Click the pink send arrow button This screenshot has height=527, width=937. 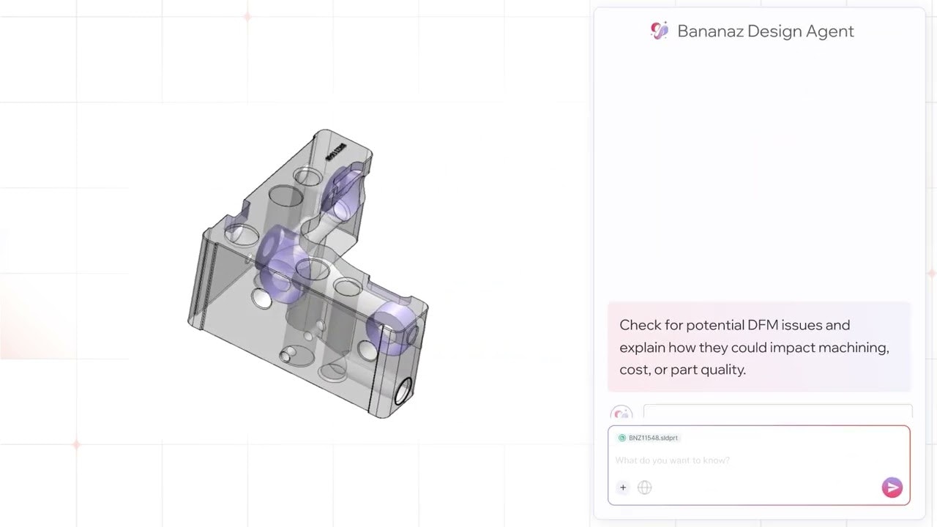pyautogui.click(x=892, y=487)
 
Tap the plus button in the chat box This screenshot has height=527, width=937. pyautogui.click(x=623, y=487)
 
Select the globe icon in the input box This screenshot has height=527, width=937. pyautogui.click(x=644, y=487)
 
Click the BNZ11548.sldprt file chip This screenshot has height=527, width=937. pyautogui.click(x=649, y=438)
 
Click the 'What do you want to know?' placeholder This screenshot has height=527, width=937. pyautogui.click(x=672, y=460)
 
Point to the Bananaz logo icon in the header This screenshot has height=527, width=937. pyautogui.click(x=660, y=31)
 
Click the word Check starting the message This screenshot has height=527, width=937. pyautogui.click(x=640, y=325)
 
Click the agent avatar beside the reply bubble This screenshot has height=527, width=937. pyautogui.click(x=621, y=414)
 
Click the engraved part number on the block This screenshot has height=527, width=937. pyautogui.click(x=338, y=154)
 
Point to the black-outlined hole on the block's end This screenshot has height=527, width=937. pyautogui.click(x=403, y=392)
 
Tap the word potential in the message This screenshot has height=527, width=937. pyautogui.click(x=715, y=325)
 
